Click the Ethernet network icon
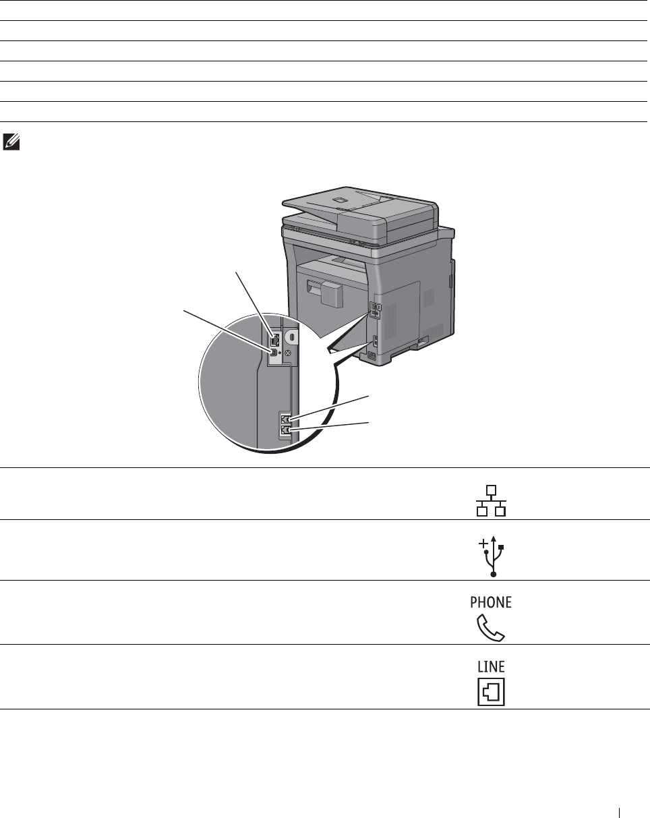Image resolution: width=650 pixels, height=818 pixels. click(492, 500)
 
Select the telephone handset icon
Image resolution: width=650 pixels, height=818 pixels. click(491, 626)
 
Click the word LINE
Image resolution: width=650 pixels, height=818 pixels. click(492, 666)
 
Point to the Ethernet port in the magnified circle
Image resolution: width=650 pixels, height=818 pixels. click(274, 339)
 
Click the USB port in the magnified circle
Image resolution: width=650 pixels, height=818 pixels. click(274, 352)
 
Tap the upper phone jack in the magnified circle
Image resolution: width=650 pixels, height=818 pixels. click(285, 419)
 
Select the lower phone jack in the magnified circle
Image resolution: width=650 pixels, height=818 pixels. click(285, 430)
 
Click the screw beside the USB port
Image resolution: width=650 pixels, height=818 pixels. click(289, 353)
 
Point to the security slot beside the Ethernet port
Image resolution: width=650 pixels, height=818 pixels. click(291, 335)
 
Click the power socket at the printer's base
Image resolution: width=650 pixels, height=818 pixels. click(372, 356)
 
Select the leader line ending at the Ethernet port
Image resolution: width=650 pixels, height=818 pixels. click(254, 304)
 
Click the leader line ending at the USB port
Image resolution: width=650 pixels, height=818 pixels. click(227, 330)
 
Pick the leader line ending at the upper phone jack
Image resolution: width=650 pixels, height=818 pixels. click(329, 407)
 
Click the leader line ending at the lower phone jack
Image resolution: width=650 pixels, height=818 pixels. click(329, 426)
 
